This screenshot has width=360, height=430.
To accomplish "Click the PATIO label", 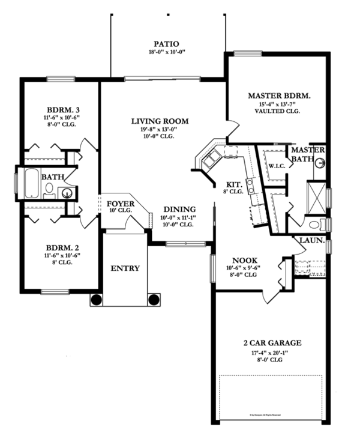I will [x=166, y=44].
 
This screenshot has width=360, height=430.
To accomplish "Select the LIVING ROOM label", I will [x=160, y=121].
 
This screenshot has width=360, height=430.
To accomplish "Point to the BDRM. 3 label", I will [x=64, y=110].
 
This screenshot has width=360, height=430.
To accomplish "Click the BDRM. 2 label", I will [x=63, y=247].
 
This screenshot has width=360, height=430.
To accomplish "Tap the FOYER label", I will [x=121, y=203].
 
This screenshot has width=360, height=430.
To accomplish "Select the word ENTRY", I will [x=125, y=268].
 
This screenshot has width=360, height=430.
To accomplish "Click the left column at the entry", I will [x=96, y=299].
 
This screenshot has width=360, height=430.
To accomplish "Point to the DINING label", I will [x=178, y=209].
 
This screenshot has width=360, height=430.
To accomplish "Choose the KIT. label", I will [x=233, y=184].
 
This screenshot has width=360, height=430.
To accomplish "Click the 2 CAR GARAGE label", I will [x=272, y=344].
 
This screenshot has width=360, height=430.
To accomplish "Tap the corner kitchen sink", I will [x=212, y=159].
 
